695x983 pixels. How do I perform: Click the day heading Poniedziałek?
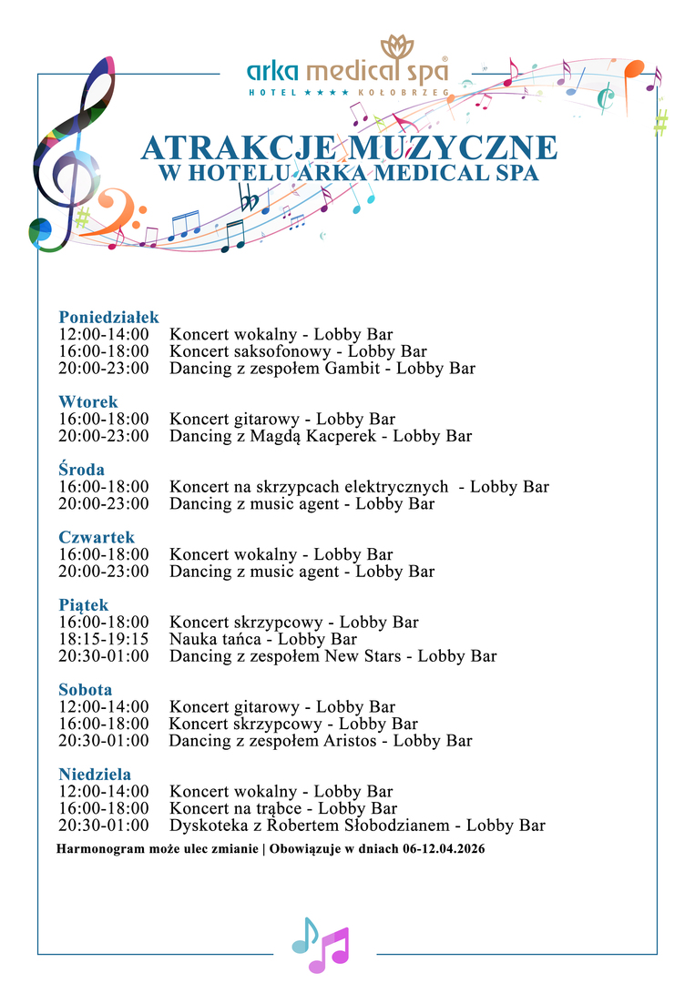point(108,318)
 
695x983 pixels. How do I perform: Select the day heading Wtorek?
point(88,401)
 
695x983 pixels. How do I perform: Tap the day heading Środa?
point(81,470)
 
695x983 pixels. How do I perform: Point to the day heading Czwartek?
point(97,537)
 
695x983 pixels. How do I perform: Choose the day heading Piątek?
point(84,605)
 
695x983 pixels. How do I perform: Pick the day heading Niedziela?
point(95,775)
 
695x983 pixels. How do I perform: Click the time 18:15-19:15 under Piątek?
point(104,639)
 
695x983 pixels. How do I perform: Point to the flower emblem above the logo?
point(398,47)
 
